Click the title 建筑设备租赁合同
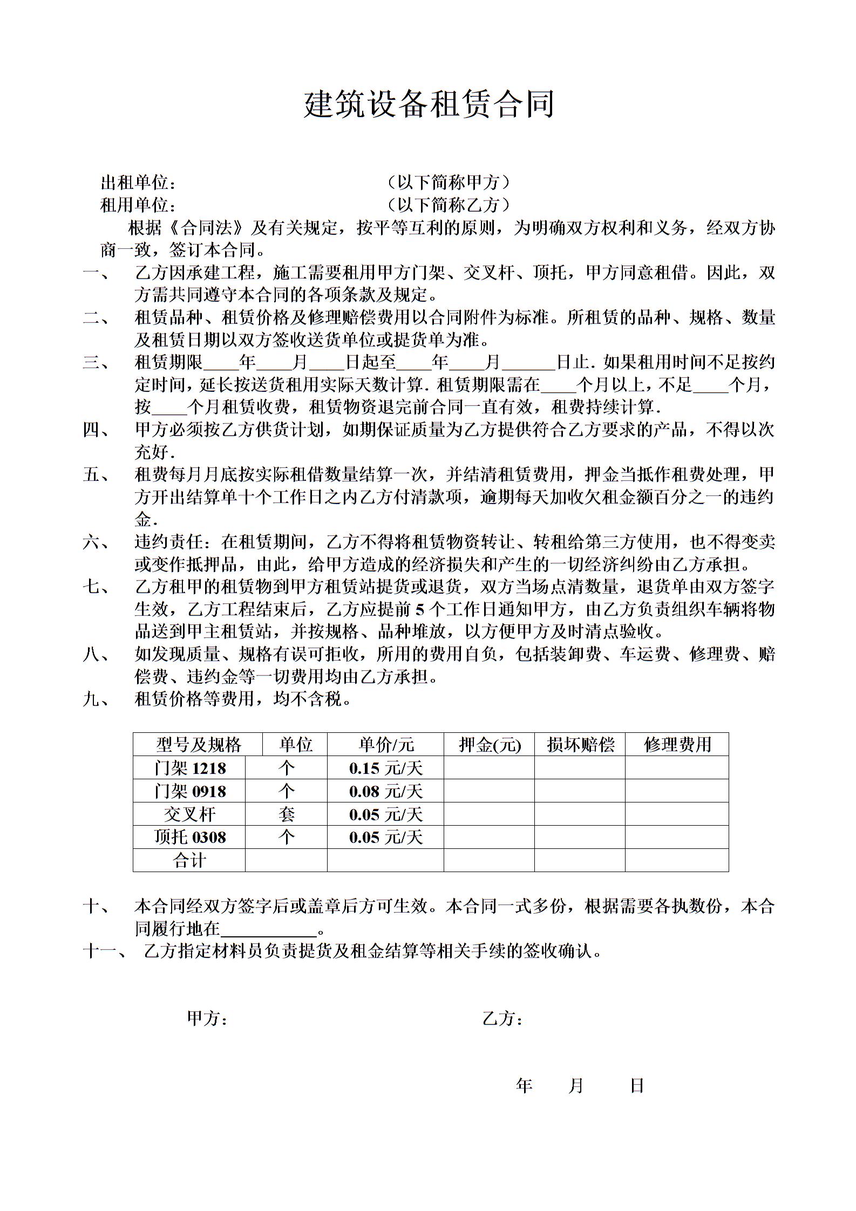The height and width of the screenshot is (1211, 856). pyautogui.click(x=429, y=104)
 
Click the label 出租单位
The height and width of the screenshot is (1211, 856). pyautogui.click(x=138, y=183)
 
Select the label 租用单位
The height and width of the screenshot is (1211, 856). pyautogui.click(x=138, y=205)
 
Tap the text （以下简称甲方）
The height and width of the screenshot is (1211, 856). pyautogui.click(x=449, y=182)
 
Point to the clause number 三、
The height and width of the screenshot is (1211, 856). pyautogui.click(x=97, y=362)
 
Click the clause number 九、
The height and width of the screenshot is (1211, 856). pyautogui.click(x=97, y=699)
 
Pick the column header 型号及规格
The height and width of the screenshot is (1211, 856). pyautogui.click(x=198, y=745)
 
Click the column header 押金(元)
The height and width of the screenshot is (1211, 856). pyautogui.click(x=490, y=745)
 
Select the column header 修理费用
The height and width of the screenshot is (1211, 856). pyautogui.click(x=677, y=745)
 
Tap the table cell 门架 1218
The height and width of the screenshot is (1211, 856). pyautogui.click(x=190, y=768)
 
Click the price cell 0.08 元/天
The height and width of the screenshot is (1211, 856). pyautogui.click(x=385, y=791)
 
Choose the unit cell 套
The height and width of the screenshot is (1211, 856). pyautogui.click(x=287, y=814)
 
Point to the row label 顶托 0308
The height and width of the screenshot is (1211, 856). pyautogui.click(x=190, y=837)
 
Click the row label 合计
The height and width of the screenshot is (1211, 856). pyautogui.click(x=190, y=860)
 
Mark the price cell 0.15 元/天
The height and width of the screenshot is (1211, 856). pyautogui.click(x=385, y=768)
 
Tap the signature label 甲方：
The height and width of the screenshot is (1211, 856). pyautogui.click(x=207, y=1019)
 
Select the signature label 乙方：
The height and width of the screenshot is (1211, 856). pyautogui.click(x=502, y=1019)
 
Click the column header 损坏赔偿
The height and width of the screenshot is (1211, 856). pyautogui.click(x=580, y=745)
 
